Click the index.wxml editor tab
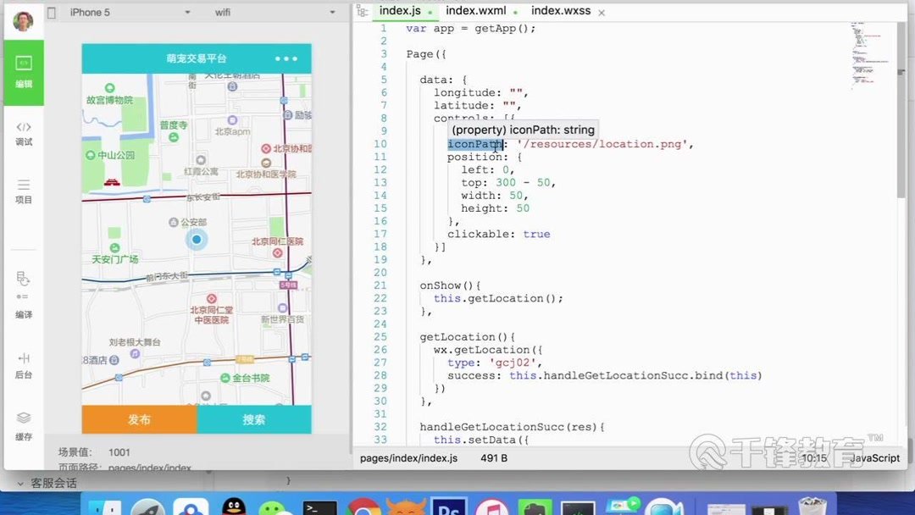(475, 11)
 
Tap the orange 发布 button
(139, 419)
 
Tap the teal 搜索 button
(254, 419)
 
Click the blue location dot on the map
(197, 240)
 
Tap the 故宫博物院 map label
(109, 99)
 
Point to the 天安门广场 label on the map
(114, 258)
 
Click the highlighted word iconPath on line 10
(474, 144)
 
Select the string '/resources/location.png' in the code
(605, 144)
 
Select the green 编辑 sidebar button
(24, 73)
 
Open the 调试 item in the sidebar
(24, 133)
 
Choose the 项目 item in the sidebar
(24, 191)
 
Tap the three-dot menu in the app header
(286, 58)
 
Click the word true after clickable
(536, 234)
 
